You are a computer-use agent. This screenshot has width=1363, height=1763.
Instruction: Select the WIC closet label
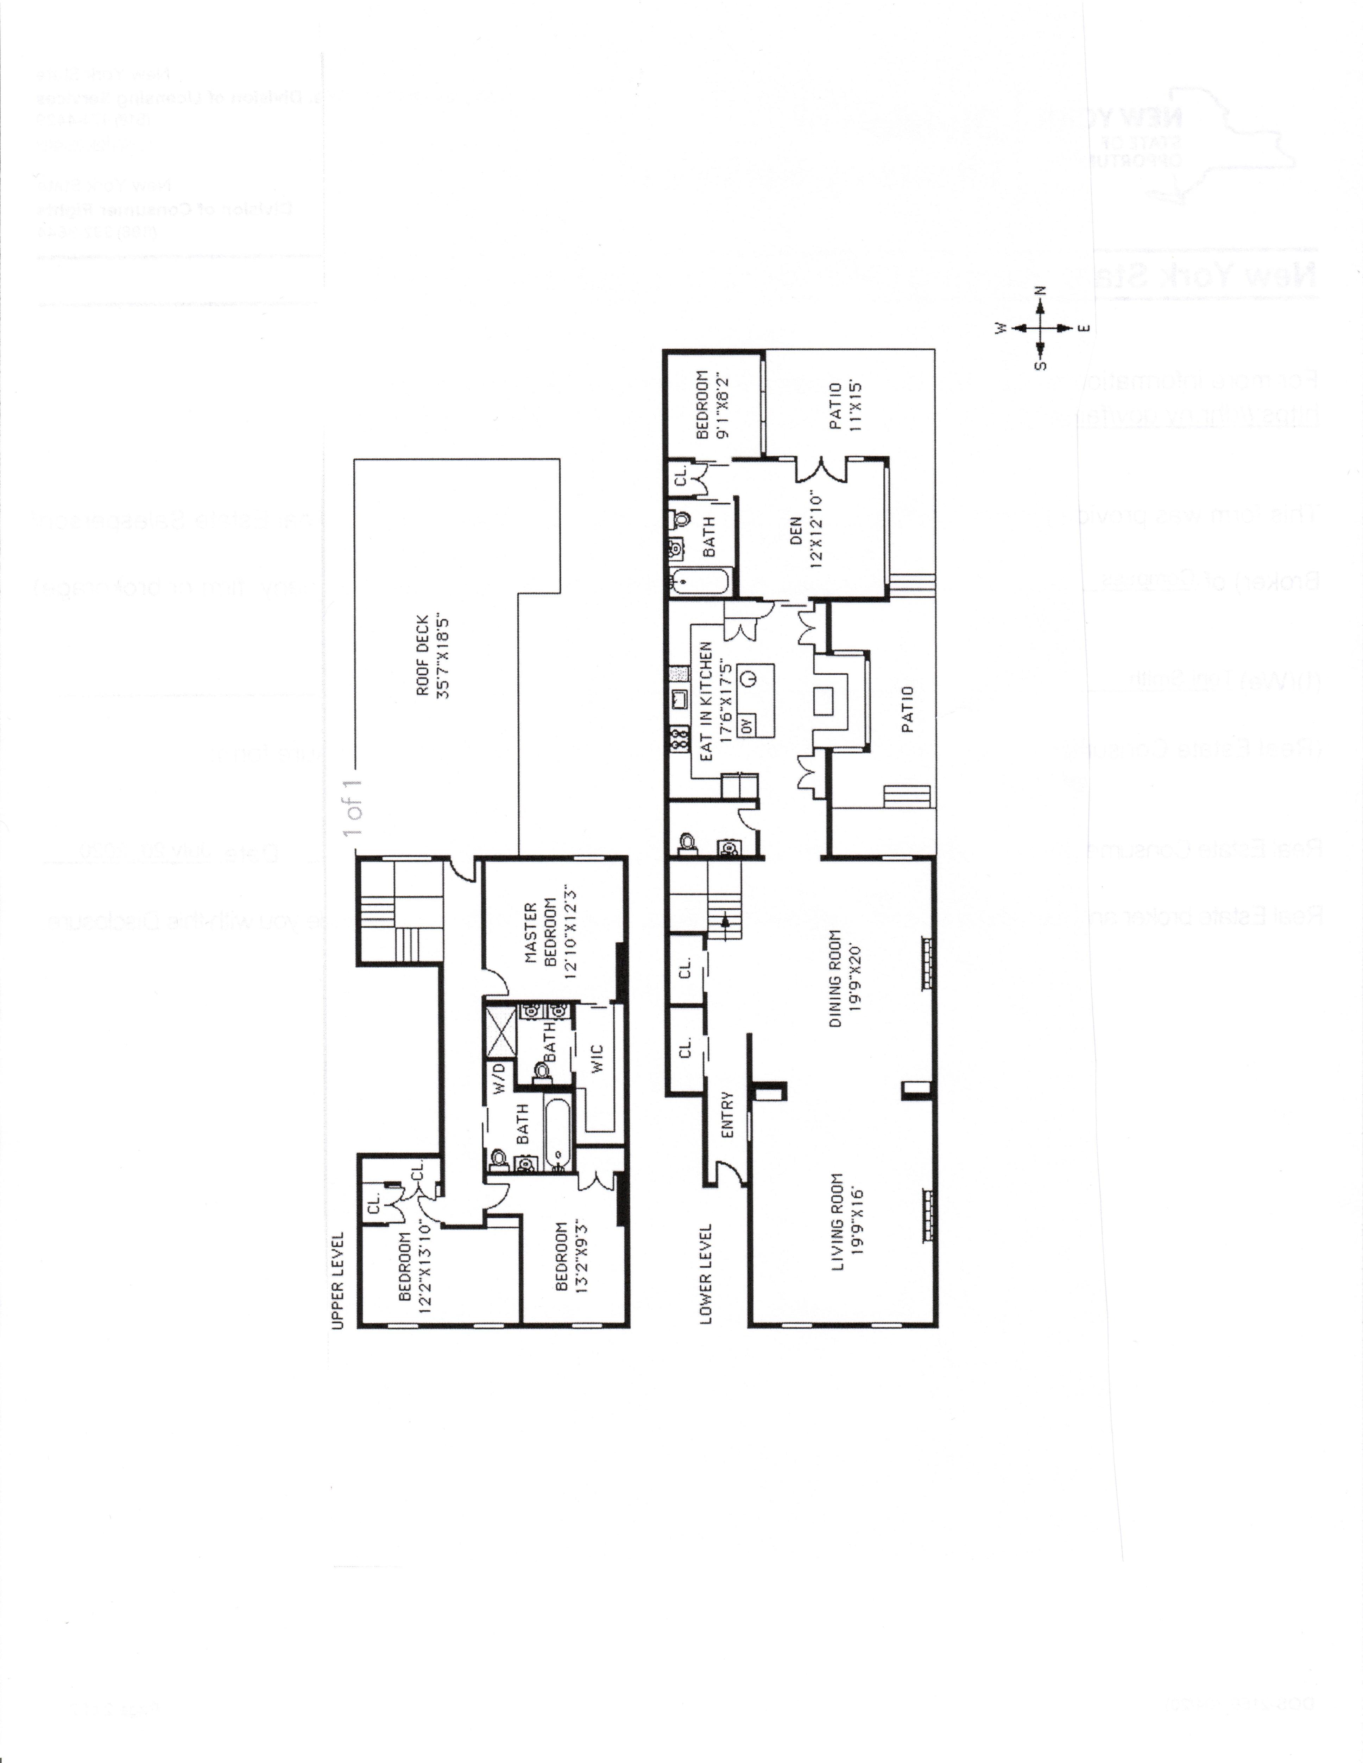point(598,1058)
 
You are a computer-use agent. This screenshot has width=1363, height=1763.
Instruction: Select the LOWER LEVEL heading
point(706,1275)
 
